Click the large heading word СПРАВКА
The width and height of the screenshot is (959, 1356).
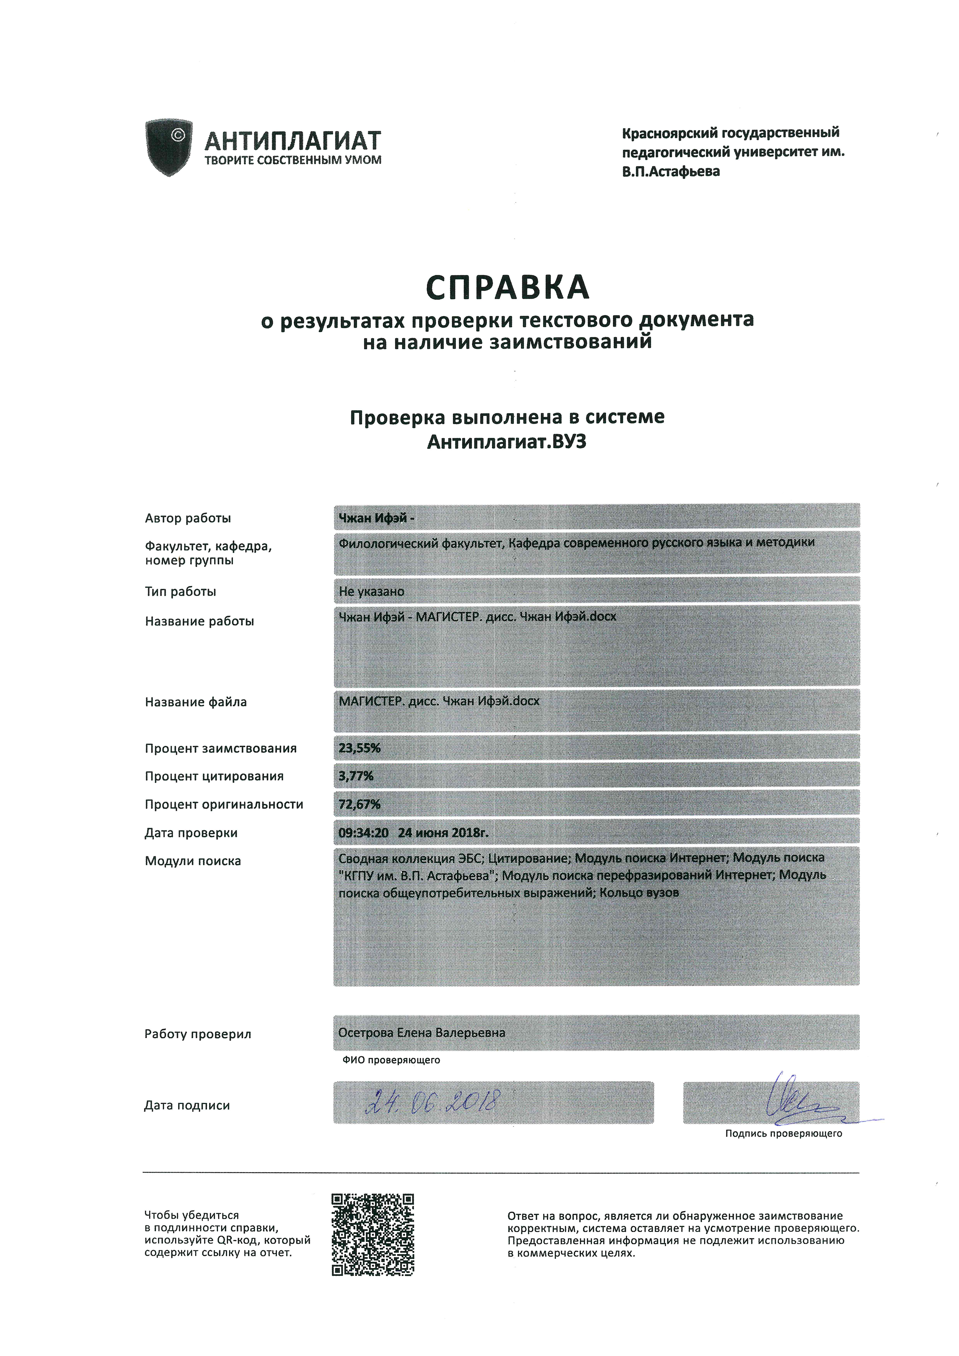(x=508, y=288)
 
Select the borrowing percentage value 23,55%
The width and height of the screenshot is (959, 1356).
(x=359, y=748)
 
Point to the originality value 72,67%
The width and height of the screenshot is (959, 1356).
(x=359, y=804)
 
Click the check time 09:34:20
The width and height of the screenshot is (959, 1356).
(x=363, y=833)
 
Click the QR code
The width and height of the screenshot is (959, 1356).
(x=373, y=1234)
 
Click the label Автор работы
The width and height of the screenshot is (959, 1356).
(x=188, y=519)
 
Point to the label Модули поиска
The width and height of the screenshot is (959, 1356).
(x=193, y=861)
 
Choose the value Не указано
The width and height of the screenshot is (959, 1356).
(x=371, y=591)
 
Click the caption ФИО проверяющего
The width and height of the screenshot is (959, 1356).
(x=391, y=1060)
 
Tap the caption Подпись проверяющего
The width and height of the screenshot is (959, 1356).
(x=784, y=1133)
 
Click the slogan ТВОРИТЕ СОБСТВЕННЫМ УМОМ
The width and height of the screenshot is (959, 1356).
(x=293, y=160)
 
